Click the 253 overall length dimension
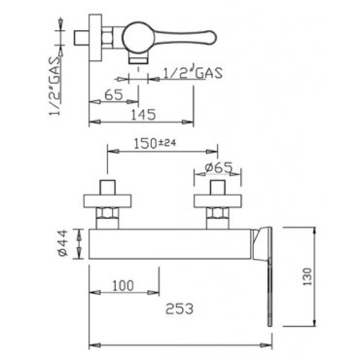pyautogui.click(x=179, y=308)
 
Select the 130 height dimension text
pyautogui.click(x=306, y=276)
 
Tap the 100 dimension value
pyautogui.click(x=123, y=286)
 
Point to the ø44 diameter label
pyautogui.click(x=63, y=243)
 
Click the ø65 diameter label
pyautogui.click(x=219, y=167)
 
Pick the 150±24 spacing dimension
pyautogui.click(x=155, y=143)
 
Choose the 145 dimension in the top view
pyautogui.click(x=143, y=114)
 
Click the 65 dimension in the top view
pyautogui.click(x=114, y=94)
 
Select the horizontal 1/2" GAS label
pyautogui.click(x=193, y=73)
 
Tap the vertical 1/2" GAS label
pyautogui.click(x=54, y=86)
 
